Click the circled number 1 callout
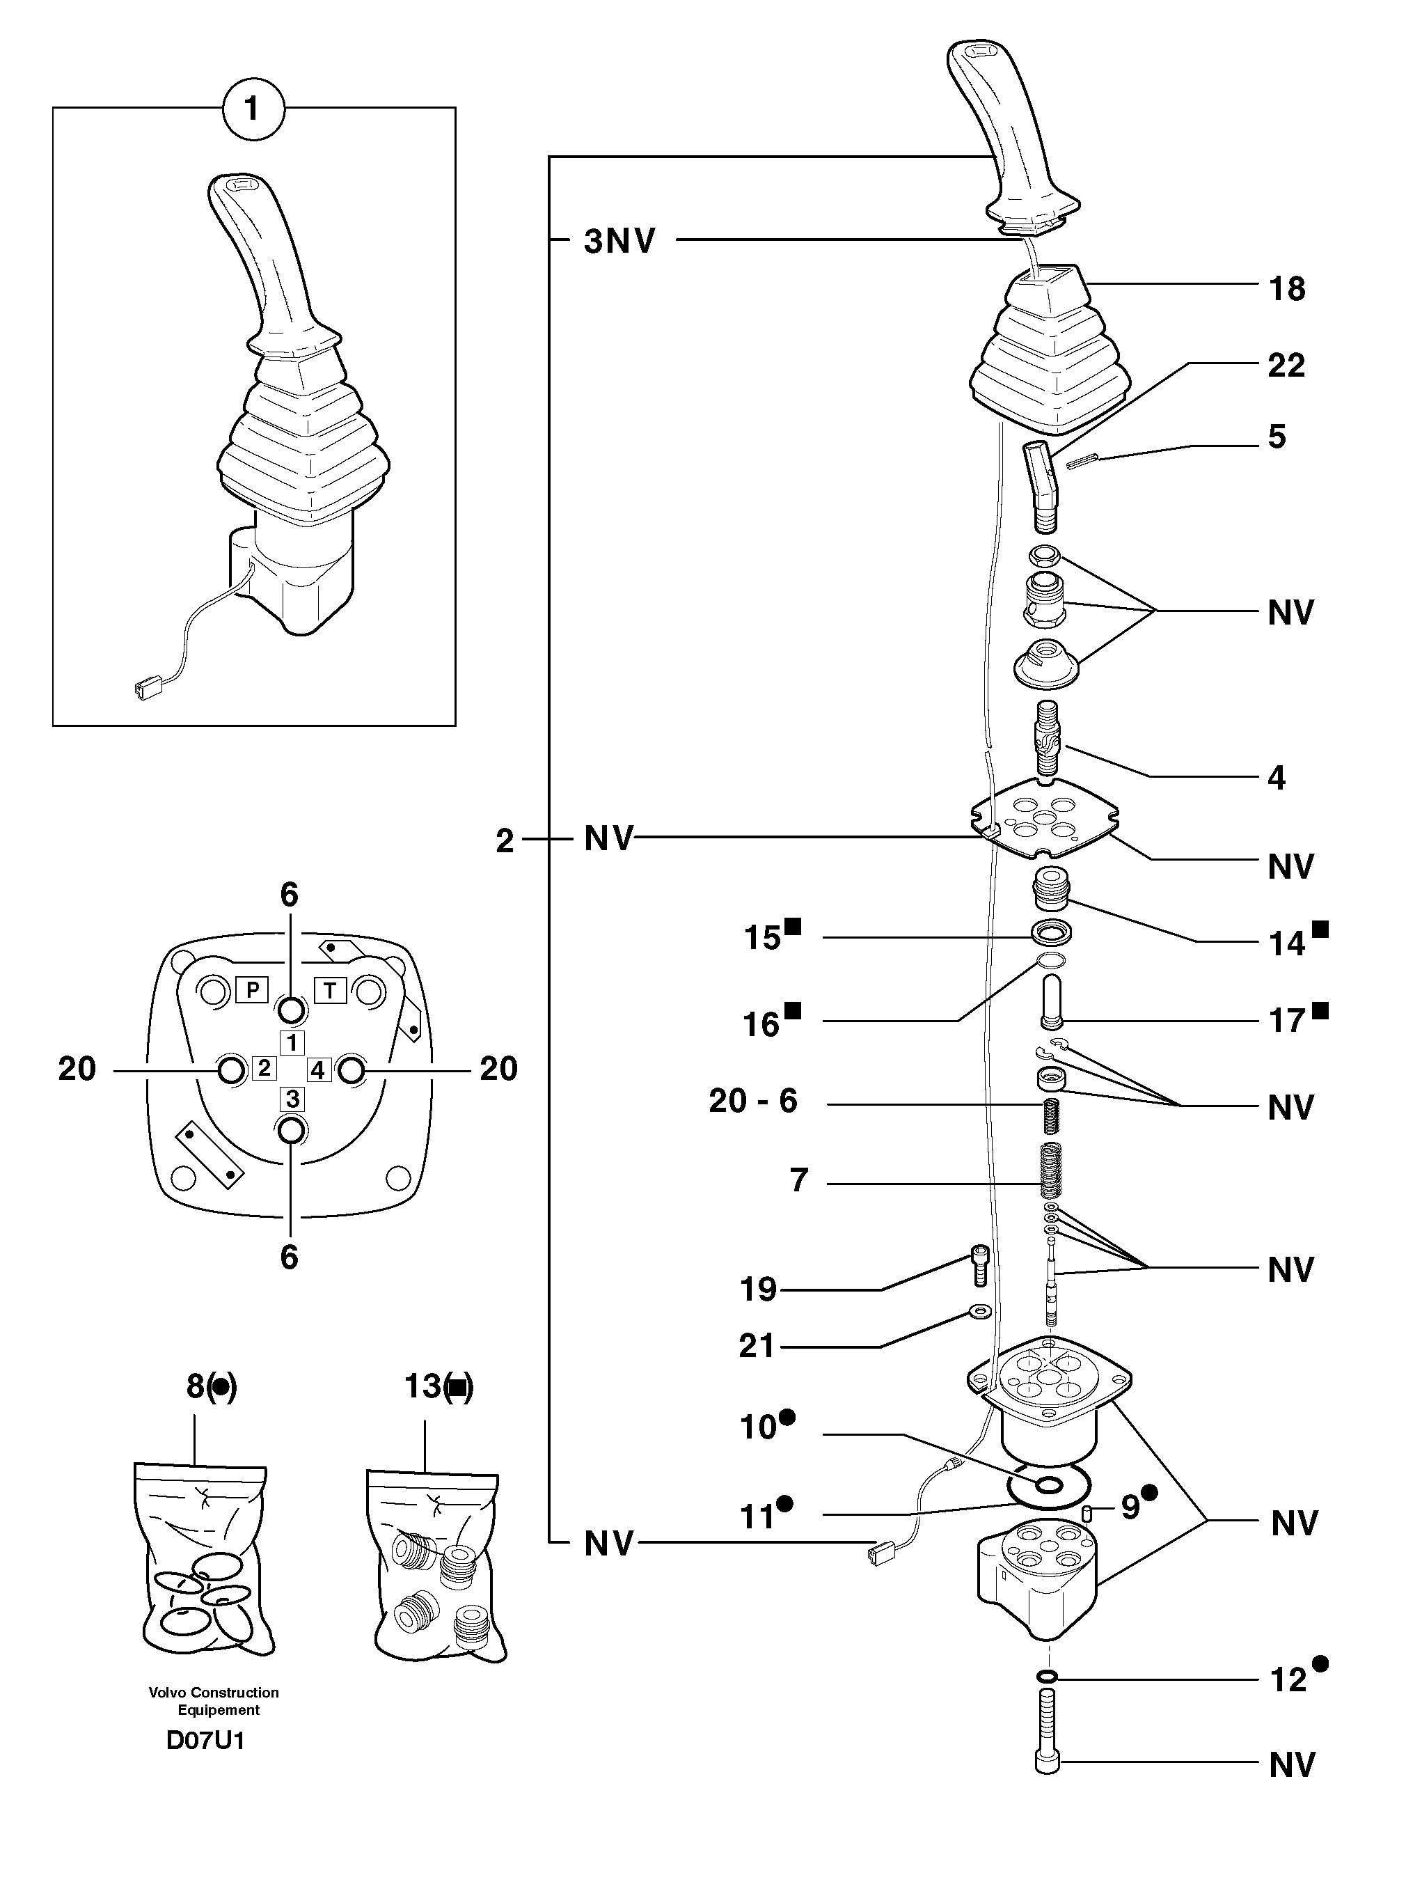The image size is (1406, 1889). (252, 110)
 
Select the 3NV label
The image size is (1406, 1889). (619, 242)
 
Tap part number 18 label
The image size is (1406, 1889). (1286, 290)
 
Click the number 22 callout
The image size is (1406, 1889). (1286, 366)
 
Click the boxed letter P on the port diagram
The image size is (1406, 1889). (252, 989)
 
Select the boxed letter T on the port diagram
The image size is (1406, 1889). (330, 989)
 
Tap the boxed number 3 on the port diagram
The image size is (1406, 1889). (292, 1099)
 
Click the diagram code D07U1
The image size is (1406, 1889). (205, 1741)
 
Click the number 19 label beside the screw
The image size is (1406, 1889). (758, 1290)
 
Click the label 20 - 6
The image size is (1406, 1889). (753, 1101)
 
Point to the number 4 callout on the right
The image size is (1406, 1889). (1276, 777)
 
